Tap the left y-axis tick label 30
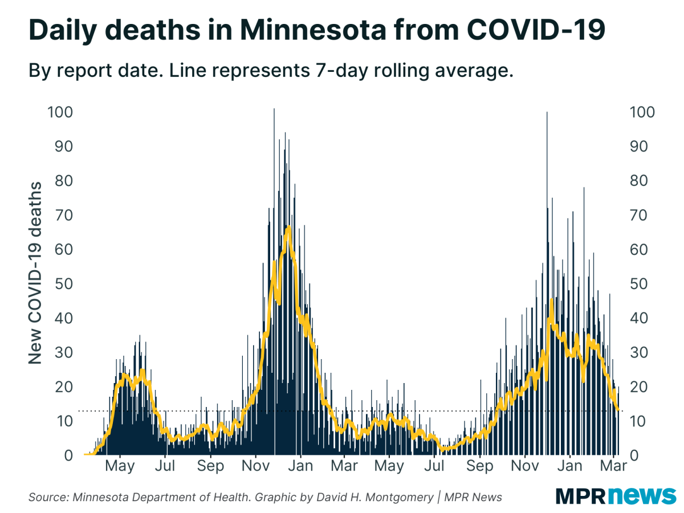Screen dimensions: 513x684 (x=64, y=352)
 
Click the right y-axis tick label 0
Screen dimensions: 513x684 (x=633, y=455)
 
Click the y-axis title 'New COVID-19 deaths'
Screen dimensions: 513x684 (x=36, y=273)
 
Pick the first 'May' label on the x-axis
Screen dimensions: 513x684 (x=120, y=466)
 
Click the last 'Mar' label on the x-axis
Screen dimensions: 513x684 (x=613, y=466)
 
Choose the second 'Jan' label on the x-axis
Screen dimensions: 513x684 (x=569, y=466)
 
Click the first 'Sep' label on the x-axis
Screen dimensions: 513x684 (x=210, y=466)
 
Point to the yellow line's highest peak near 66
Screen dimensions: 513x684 (x=289, y=227)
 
